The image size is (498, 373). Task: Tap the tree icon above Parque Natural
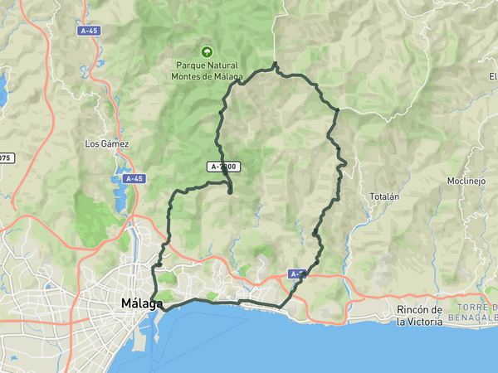[206, 52]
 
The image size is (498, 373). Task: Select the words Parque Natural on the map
[206, 65]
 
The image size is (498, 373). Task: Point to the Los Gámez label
[107, 143]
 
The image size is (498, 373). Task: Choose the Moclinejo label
[465, 181]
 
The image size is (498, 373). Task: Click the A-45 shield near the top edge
[90, 31]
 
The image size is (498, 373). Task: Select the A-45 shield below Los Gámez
[134, 178]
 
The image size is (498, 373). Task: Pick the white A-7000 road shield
[223, 167]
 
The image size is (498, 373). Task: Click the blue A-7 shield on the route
[298, 274]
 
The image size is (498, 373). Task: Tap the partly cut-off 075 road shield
[5, 157]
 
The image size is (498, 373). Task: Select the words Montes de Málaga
[206, 76]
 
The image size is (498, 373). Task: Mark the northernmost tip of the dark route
[275, 63]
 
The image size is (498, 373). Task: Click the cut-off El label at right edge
[492, 77]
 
